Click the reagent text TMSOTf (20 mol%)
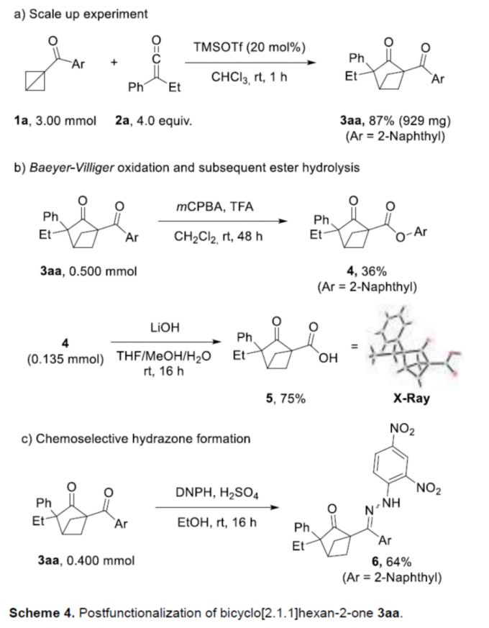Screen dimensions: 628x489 tap(250, 47)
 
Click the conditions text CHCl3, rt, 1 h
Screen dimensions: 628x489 tap(250, 77)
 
